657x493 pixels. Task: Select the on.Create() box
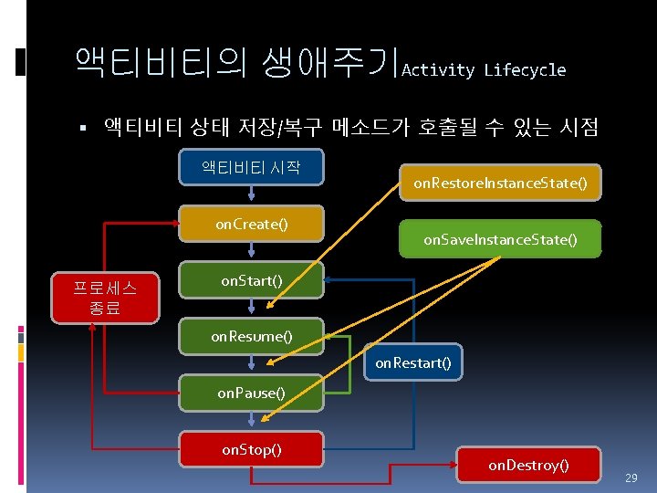[251, 225]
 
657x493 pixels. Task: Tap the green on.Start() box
[251, 281]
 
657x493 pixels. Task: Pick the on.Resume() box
[251, 337]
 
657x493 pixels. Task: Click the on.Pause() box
[251, 393]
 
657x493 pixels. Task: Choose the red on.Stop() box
[251, 449]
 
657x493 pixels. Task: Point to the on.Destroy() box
[528, 466]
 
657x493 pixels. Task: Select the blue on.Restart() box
[413, 363]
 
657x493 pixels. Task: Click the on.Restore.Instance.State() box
[500, 184]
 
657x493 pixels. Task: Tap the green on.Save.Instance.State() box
[500, 240]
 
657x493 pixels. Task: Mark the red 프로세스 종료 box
[106, 298]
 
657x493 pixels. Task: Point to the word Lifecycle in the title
[525, 70]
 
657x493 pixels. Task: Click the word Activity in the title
[438, 70]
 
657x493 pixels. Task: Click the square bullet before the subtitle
[82, 127]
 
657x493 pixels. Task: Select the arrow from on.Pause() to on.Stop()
[251, 420]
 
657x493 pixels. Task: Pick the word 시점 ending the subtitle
[579, 127]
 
